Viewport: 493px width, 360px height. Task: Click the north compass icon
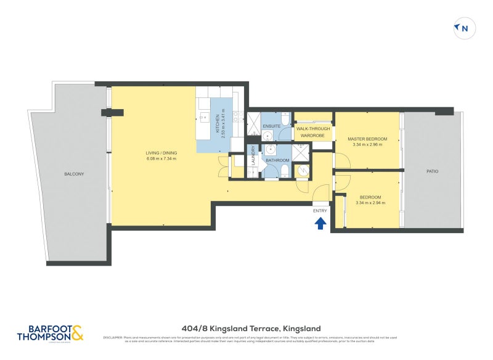[465, 28]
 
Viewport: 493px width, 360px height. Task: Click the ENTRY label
[320, 211]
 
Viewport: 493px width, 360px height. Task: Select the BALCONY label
[74, 174]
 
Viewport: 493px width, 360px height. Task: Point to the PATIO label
[432, 171]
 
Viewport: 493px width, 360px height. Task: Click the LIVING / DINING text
[161, 153]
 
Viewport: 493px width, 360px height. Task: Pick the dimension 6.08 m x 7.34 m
[161, 159]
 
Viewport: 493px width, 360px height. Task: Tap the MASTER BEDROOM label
[367, 139]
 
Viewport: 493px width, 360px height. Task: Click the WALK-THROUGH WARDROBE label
[312, 132]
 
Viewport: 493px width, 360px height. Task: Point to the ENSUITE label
[272, 126]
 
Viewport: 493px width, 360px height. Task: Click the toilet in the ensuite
[285, 118]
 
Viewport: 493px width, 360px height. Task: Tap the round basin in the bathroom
[271, 149]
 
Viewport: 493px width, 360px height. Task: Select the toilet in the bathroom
[285, 171]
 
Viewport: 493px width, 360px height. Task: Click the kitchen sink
[205, 117]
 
